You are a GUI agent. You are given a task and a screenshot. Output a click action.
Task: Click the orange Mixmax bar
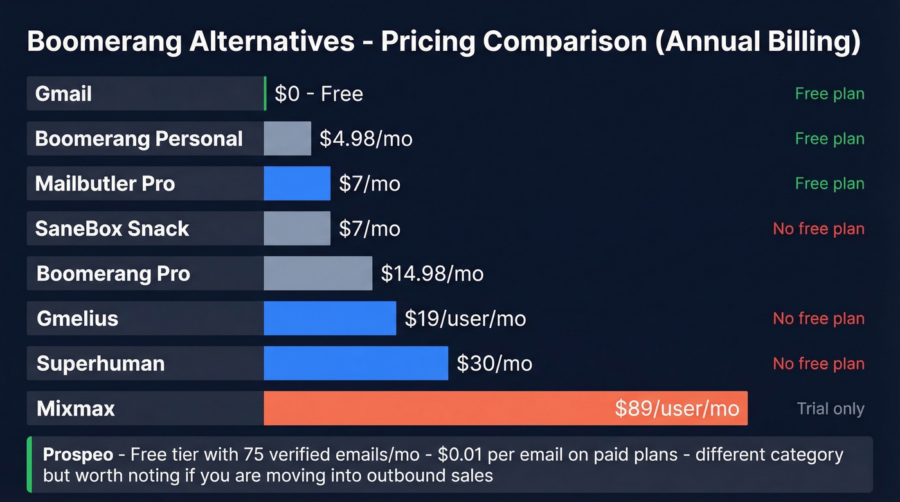[x=437, y=408]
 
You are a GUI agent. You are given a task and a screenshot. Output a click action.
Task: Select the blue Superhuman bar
[x=355, y=363]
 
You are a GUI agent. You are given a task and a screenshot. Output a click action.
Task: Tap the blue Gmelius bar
[x=330, y=318]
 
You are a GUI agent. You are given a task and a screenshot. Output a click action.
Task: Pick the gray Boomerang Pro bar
[x=318, y=273]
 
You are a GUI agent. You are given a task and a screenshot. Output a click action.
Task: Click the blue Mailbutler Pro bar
[x=297, y=183]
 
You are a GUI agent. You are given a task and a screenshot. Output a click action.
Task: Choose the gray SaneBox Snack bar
[x=297, y=228]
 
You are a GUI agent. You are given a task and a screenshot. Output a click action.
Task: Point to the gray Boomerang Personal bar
[x=287, y=138]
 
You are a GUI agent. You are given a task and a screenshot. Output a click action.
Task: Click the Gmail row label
[x=64, y=94]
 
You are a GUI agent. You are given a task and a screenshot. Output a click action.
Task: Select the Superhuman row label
[x=100, y=364]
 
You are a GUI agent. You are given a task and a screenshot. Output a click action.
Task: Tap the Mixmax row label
[x=76, y=409]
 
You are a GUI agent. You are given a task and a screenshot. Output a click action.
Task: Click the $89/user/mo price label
[x=676, y=408]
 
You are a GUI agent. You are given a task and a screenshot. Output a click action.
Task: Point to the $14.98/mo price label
[x=432, y=274]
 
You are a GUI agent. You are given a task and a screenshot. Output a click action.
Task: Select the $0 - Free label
[x=319, y=94]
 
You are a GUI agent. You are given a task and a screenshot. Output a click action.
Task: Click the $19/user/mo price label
[x=465, y=319]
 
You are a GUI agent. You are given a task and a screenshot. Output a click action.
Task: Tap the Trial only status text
[x=830, y=409]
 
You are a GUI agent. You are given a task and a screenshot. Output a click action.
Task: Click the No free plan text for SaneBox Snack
[x=818, y=229]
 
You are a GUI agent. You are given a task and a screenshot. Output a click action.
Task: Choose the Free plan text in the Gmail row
[x=829, y=94]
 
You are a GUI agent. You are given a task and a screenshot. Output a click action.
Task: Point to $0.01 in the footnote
[x=460, y=455]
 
